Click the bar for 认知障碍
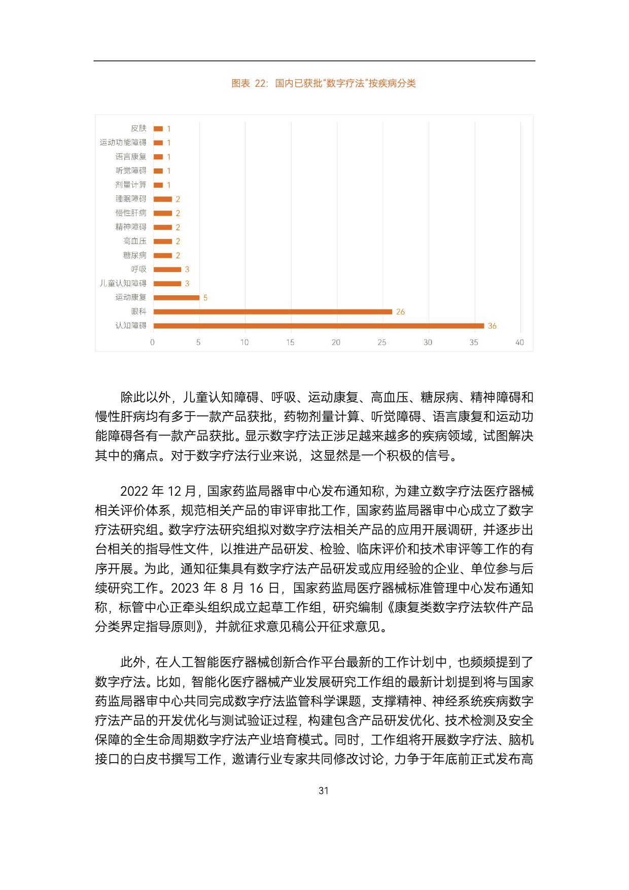pos(319,326)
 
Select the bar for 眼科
pos(273,312)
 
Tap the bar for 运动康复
pos(177,297)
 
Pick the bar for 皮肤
pos(158,129)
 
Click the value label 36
pos(492,326)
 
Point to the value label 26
pos(400,312)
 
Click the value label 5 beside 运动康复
pos(205,298)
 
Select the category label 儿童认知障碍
pos(123,283)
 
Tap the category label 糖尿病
pos(134,255)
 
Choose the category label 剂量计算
pos(130,185)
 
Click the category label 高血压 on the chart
pos(134,241)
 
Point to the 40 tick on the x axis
pos(519,343)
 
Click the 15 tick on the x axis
pos(290,343)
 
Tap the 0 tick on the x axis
pos(152,343)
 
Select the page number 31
pos(324,791)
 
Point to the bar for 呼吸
pos(167,269)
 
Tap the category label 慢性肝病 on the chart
pos(130,213)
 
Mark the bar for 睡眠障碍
pos(163,199)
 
